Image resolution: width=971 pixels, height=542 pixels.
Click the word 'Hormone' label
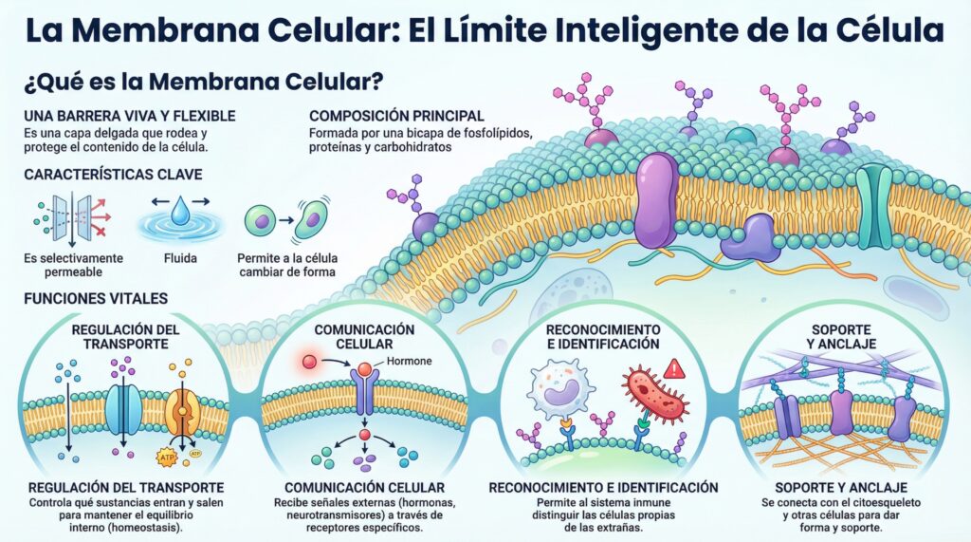410,361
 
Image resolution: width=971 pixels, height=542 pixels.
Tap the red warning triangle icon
674,369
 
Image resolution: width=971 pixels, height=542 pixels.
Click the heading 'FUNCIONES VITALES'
96,298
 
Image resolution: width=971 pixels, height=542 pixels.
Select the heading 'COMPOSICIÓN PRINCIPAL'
396,116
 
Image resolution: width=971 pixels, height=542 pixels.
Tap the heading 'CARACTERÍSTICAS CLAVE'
114,175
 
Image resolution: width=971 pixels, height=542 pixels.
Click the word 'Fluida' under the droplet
180,258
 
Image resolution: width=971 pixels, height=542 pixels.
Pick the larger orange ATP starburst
167,458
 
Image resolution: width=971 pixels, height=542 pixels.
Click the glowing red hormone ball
310,362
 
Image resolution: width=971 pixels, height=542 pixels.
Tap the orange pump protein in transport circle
182,411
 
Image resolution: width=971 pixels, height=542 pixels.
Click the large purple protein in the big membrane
656,199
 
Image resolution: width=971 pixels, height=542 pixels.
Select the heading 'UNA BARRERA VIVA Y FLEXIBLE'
129,116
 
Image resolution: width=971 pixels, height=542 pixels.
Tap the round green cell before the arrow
260,221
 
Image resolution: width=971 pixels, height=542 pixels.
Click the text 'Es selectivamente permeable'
74,265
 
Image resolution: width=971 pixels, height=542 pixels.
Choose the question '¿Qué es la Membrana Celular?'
204,82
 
